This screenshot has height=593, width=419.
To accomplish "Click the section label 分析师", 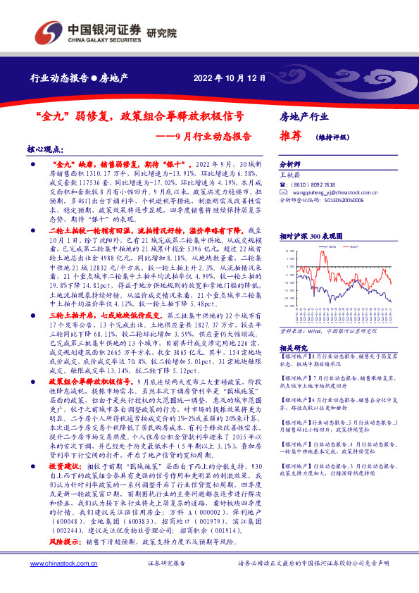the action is click(290, 162).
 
